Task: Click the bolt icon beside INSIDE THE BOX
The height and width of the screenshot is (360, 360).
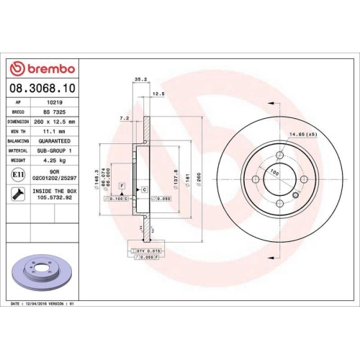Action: pos(17,194)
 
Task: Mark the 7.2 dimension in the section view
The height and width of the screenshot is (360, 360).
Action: pos(123,117)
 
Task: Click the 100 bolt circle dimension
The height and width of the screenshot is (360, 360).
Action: pos(274,172)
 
